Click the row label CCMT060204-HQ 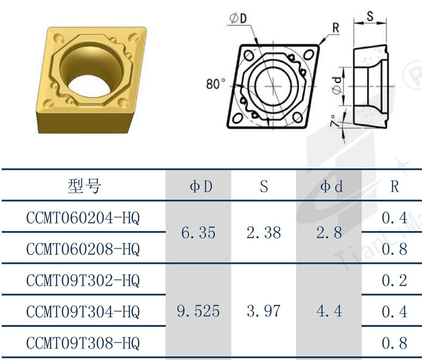[83, 218]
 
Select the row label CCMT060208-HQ [83, 249]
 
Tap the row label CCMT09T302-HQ [83, 280]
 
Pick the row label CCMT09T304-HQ [83, 312]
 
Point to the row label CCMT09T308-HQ [83, 343]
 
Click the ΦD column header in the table [201, 186]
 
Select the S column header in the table [264, 186]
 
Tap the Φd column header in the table [331, 186]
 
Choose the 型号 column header [84, 186]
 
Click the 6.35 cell [198, 233]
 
